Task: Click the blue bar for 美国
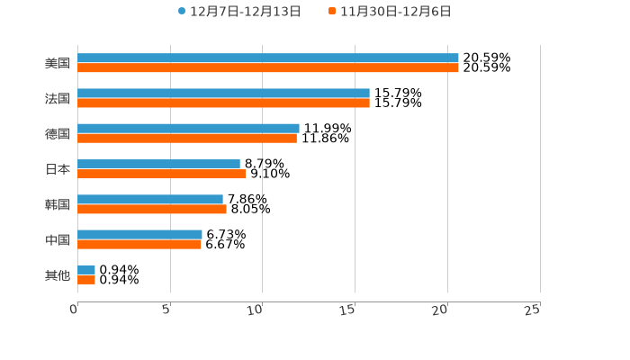click(268, 58)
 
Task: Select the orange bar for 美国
click(268, 68)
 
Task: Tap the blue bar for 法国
click(223, 94)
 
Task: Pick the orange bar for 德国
click(187, 139)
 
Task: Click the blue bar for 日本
click(158, 165)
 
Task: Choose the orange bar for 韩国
click(152, 210)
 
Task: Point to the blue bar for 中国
click(139, 235)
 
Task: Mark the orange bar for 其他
click(86, 280)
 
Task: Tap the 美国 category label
click(58, 64)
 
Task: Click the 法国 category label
click(58, 99)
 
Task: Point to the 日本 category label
click(58, 169)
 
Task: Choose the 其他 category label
click(58, 275)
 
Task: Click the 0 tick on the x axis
click(75, 310)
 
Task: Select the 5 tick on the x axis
click(166, 310)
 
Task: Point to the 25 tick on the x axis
click(533, 310)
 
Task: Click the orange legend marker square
click(332, 12)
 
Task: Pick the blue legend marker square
click(182, 12)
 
